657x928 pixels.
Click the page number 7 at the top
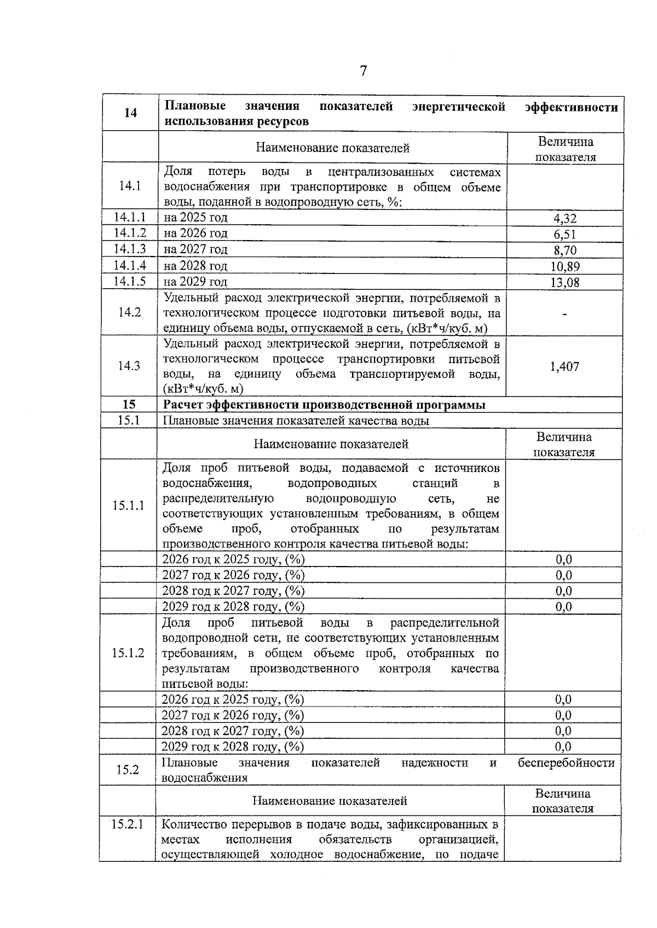coord(364,71)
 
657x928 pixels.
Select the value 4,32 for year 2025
coord(564,219)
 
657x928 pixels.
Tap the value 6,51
coord(564,235)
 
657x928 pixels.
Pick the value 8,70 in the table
coord(564,250)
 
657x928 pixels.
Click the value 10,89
coord(564,267)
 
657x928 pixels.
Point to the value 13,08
coord(564,283)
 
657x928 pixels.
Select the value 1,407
coord(564,366)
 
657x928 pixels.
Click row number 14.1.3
coord(130,249)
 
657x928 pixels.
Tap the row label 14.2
coord(130,312)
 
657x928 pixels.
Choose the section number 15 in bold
coord(129,405)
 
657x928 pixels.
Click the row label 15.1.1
coord(129,505)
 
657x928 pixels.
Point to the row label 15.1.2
coord(128,653)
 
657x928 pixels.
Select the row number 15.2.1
coord(127,824)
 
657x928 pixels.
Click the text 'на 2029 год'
coord(195,282)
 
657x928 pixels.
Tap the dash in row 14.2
coord(564,314)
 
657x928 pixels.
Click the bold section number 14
coord(130,113)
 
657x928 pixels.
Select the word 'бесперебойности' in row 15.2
coord(566,763)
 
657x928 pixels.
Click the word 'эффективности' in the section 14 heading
coord(571,107)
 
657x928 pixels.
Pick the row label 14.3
coord(129,366)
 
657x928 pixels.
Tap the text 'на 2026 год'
coord(195,234)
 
